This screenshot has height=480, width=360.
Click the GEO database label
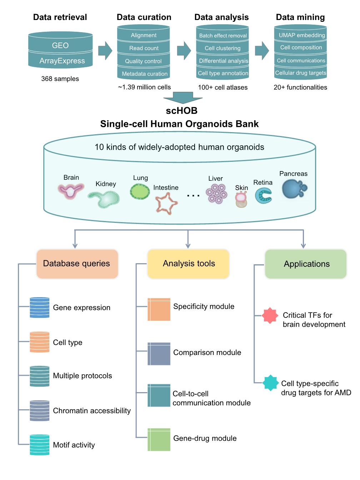(60, 45)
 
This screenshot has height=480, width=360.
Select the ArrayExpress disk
(62, 61)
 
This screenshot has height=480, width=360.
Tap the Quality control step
(143, 61)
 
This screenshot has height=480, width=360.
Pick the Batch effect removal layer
(222, 35)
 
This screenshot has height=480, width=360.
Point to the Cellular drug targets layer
(300, 73)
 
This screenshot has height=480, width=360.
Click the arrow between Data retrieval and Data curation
(105, 51)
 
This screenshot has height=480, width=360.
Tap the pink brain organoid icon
(71, 190)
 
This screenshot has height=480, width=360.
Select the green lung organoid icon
(140, 191)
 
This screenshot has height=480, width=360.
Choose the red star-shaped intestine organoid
(166, 203)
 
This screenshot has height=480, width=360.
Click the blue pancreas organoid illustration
(294, 189)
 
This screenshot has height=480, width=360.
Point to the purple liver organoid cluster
(216, 194)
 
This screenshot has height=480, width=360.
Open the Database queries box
(77, 264)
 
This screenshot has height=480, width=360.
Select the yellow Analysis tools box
(188, 264)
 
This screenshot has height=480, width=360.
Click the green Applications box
(306, 264)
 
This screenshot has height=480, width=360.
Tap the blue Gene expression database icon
(40, 307)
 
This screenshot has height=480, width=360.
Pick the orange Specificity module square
(159, 309)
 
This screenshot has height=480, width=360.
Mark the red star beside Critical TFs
(270, 316)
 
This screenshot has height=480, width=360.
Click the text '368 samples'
(60, 79)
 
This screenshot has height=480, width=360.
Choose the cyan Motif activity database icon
(40, 445)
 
